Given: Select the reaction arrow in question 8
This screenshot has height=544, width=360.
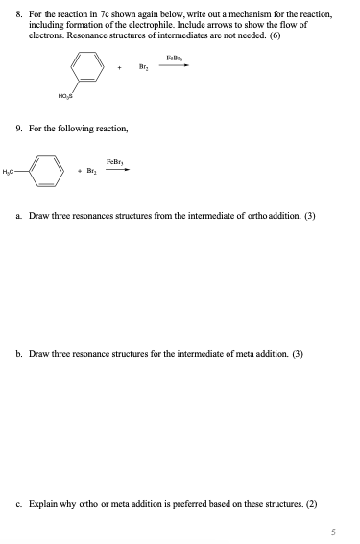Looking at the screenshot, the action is [174, 66].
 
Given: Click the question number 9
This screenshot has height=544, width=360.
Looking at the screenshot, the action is [19, 128].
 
